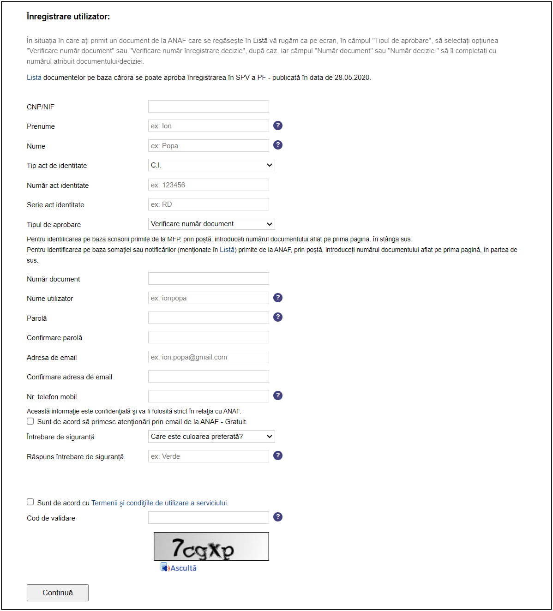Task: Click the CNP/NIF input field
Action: point(208,107)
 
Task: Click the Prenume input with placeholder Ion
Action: point(208,126)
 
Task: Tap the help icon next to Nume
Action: point(278,145)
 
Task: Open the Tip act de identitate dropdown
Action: point(211,165)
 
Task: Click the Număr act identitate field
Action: point(208,185)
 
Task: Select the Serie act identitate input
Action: point(208,204)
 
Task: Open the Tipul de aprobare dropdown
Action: point(211,224)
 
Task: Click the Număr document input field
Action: point(208,279)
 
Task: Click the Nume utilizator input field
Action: point(208,298)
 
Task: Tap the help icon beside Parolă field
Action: point(278,317)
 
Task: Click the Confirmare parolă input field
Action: point(208,337)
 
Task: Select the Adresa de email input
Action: point(208,357)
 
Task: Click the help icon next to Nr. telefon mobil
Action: point(278,395)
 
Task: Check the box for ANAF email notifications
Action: point(30,421)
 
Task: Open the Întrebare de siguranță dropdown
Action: point(211,437)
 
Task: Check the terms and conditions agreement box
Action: point(30,502)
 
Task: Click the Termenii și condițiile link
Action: point(160,503)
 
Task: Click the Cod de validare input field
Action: point(208,518)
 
